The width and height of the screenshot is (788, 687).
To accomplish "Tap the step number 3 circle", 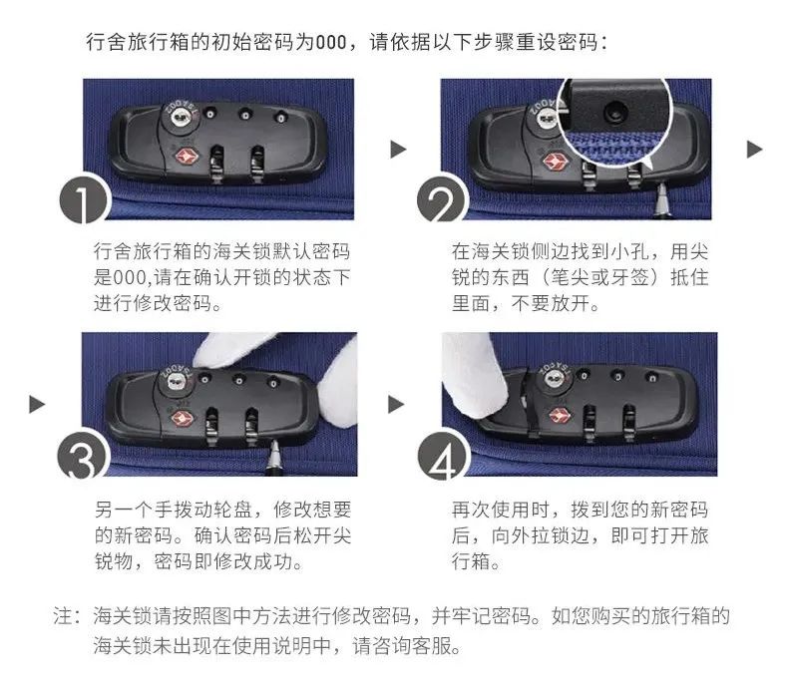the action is pyautogui.click(x=83, y=456).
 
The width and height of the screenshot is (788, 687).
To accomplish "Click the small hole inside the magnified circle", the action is pyautogui.click(x=613, y=112).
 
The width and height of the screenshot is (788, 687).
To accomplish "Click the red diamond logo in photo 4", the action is pyautogui.click(x=559, y=415).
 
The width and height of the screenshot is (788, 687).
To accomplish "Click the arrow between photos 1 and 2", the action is pyautogui.click(x=398, y=149).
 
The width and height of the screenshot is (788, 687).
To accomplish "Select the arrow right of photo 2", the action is pyautogui.click(x=754, y=150).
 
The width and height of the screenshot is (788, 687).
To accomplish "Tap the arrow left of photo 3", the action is pyautogui.click(x=37, y=404).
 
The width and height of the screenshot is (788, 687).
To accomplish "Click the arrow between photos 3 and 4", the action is pyautogui.click(x=396, y=404).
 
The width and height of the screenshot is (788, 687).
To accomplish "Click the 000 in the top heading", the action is pyautogui.click(x=331, y=42).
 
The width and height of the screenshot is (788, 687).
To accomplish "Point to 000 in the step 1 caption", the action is pyautogui.click(x=129, y=277).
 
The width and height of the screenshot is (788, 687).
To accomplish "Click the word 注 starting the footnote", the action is pyautogui.click(x=63, y=616).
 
